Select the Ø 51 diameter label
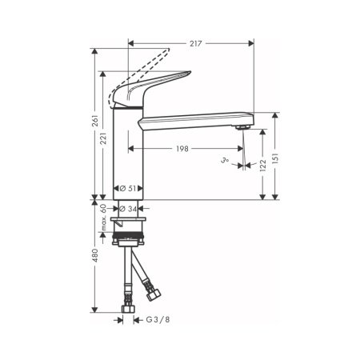coord(127,189)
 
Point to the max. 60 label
coord(105,216)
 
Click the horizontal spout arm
coord(192,121)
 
